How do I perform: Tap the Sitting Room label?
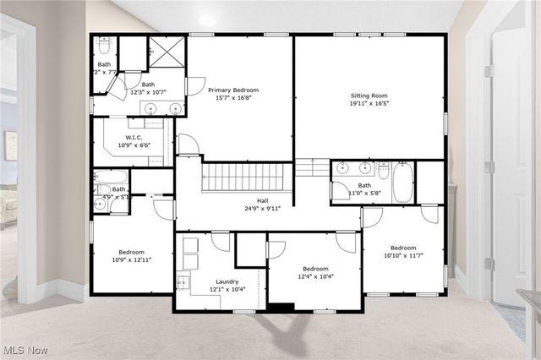[x=369, y=96]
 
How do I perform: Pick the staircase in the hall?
[x=246, y=177]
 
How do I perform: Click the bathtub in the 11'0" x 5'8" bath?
[x=402, y=183]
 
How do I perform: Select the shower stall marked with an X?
[x=167, y=52]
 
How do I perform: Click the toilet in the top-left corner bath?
[x=104, y=44]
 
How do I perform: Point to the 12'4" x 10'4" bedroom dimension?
[x=314, y=276]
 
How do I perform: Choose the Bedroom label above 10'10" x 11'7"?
[x=402, y=248]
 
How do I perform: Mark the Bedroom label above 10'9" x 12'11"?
[x=131, y=252]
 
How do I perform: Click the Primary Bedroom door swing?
[x=194, y=85]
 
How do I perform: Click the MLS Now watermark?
[x=25, y=349]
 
